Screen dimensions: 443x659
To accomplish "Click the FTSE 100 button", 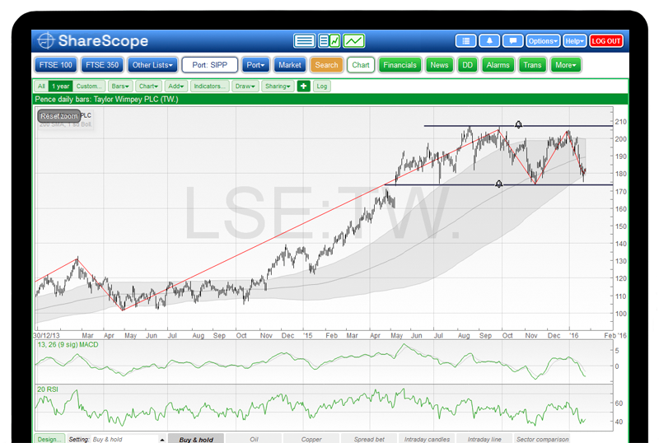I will pyautogui.click(x=56, y=65).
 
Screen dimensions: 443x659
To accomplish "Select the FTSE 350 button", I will pyautogui.click(x=103, y=65).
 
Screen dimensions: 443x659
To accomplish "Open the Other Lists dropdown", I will pyautogui.click(x=153, y=65).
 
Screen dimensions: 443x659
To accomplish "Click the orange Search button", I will pyautogui.click(x=326, y=65).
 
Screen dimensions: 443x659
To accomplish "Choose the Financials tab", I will pyautogui.click(x=400, y=65).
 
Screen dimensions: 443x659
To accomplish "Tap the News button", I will pyautogui.click(x=439, y=65).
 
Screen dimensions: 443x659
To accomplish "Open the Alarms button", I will pyautogui.click(x=498, y=65).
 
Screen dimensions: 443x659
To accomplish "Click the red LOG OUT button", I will pyautogui.click(x=606, y=40).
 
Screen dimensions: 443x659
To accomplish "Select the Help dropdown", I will pyautogui.click(x=575, y=40).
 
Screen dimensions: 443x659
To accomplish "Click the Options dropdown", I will pyautogui.click(x=543, y=40).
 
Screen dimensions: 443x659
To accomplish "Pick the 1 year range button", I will pyautogui.click(x=59, y=86).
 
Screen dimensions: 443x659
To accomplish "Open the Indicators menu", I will pyautogui.click(x=210, y=86).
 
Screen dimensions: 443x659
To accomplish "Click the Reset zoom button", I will pyautogui.click(x=59, y=116).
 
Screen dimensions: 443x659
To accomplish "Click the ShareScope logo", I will pyautogui.click(x=92, y=40).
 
